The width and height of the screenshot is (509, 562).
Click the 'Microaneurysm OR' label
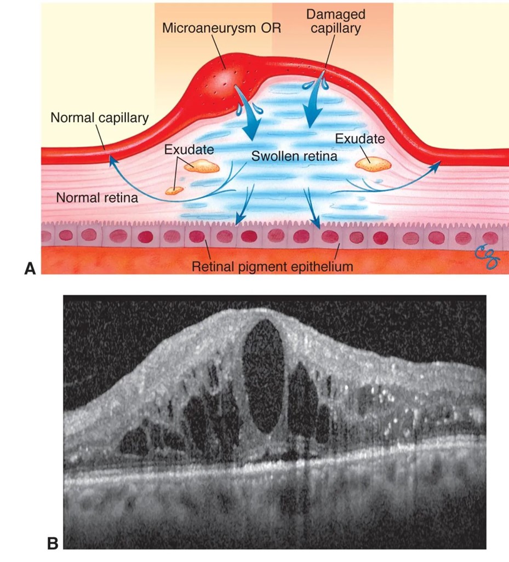[x=221, y=27]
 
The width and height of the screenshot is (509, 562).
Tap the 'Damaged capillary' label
[x=336, y=21]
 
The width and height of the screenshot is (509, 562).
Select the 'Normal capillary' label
[x=99, y=118]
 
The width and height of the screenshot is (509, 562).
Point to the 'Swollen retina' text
[x=294, y=156]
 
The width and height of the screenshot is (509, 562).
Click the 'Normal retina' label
[x=97, y=197]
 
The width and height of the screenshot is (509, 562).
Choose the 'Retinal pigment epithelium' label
[x=272, y=267]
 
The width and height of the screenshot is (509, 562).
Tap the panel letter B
[x=53, y=543]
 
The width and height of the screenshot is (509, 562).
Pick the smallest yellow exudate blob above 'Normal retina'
[x=175, y=190]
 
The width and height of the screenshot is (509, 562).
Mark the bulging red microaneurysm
[x=225, y=79]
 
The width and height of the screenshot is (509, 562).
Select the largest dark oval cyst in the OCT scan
[x=262, y=372]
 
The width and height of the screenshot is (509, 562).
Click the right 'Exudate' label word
[x=359, y=139]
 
